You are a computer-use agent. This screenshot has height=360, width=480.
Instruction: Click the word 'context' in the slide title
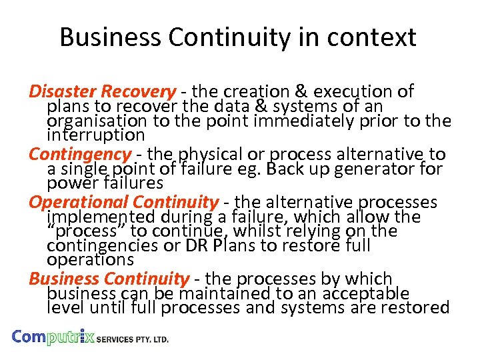(375, 37)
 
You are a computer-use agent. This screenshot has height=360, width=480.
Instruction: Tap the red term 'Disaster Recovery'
(102, 91)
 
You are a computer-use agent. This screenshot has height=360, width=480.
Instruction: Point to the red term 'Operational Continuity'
(123, 202)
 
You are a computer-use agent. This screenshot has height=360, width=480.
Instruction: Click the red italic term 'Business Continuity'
(109, 279)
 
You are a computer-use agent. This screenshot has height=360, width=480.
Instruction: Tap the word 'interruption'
(96, 135)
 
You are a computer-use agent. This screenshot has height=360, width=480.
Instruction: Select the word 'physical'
(235, 155)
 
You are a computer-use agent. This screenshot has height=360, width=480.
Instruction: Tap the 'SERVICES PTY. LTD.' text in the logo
(133, 339)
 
